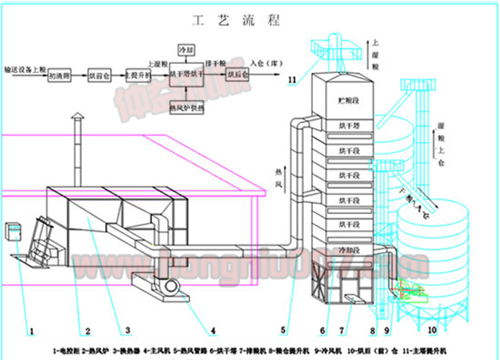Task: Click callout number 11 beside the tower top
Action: [x=291, y=78]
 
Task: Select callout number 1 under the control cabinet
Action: [x=32, y=331]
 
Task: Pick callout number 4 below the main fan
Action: [x=214, y=331]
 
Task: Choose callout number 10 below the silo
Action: [x=432, y=331]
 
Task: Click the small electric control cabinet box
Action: [x=13, y=232]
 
